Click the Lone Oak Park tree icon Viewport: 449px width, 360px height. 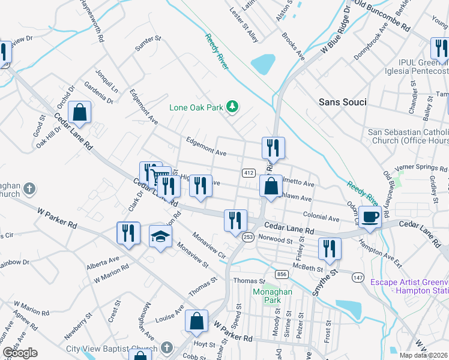[x=232, y=107]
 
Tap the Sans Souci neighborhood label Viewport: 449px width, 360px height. [x=342, y=102]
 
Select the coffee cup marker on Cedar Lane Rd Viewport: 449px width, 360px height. [x=370, y=217]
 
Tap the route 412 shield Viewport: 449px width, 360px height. [x=248, y=173]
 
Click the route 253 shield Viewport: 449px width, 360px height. [x=248, y=238]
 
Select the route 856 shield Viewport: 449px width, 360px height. [x=282, y=274]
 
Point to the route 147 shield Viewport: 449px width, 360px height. [x=358, y=277]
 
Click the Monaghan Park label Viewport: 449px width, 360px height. [x=273, y=295]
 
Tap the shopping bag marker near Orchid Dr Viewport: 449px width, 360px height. [x=79, y=112]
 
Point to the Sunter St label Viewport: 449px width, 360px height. [x=148, y=43]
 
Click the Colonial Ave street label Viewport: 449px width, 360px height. [x=322, y=217]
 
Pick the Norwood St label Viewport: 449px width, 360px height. [x=274, y=240]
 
